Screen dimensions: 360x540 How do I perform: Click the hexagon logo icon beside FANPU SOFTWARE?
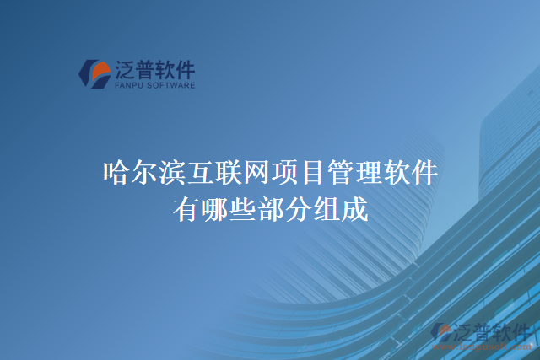[x=94, y=73]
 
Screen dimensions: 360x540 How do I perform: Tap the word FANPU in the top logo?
[x=127, y=85]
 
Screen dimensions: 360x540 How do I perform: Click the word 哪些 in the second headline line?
[x=226, y=207]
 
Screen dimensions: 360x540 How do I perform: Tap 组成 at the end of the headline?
[x=340, y=207]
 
